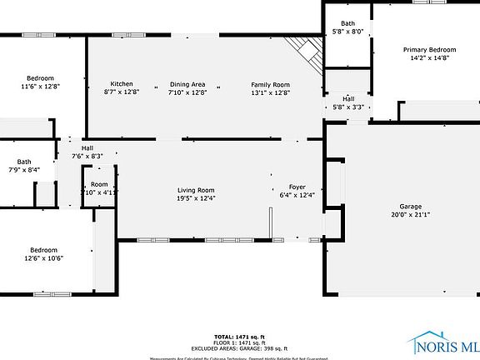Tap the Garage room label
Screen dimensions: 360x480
[410, 206]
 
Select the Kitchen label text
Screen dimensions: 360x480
[122, 83]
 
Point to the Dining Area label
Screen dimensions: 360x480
[187, 83]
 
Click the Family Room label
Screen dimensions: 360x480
[271, 83]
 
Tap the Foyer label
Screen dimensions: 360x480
[297, 187]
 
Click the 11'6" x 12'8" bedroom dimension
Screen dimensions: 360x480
[41, 86]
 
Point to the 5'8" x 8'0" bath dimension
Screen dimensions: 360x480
[348, 31]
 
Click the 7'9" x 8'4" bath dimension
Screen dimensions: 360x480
[23, 170]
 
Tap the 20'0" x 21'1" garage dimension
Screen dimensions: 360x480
[410, 214]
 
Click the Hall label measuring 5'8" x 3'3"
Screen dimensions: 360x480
[348, 106]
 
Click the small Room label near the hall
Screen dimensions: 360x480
[99, 184]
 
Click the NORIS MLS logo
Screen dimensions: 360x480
[445, 343]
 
